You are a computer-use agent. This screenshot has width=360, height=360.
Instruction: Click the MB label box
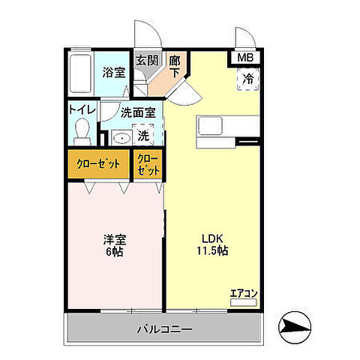tap(245, 57)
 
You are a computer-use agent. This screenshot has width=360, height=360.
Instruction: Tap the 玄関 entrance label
tap(145, 61)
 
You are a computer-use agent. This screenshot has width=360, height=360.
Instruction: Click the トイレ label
tap(82, 109)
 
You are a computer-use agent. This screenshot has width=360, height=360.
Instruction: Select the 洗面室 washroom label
tap(139, 113)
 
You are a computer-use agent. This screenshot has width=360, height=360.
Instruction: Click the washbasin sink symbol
tap(120, 138)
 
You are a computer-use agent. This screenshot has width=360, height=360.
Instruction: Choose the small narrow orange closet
tap(148, 164)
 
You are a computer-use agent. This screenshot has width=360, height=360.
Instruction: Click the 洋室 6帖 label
tap(114, 246)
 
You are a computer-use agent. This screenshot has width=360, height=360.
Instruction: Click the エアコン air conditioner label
tap(242, 293)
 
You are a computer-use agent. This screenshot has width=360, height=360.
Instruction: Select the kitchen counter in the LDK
tap(217, 133)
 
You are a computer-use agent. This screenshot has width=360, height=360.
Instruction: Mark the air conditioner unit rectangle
tap(242, 302)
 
